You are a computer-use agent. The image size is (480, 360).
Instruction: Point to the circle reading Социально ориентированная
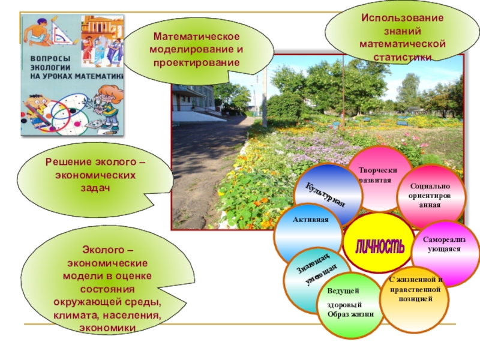coord(430,195)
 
